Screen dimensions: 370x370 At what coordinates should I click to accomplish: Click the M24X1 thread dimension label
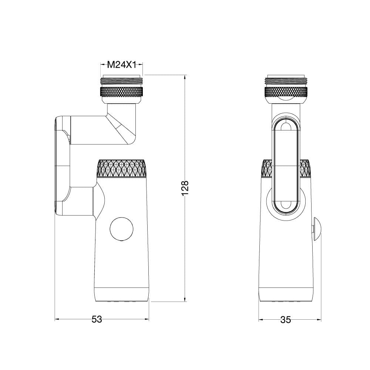pyautogui.click(x=122, y=65)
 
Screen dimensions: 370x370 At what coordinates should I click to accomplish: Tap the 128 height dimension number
pyautogui.click(x=185, y=188)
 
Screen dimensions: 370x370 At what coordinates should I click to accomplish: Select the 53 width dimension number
pyautogui.click(x=97, y=319)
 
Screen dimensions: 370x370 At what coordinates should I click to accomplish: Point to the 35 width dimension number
pyautogui.click(x=286, y=320)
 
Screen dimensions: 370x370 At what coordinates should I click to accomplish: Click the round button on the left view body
pyautogui.click(x=122, y=229)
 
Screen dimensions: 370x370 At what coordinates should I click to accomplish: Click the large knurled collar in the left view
pyautogui.click(x=122, y=168)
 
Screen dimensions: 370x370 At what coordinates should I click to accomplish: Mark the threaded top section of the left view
pyautogui.click(x=121, y=81)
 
